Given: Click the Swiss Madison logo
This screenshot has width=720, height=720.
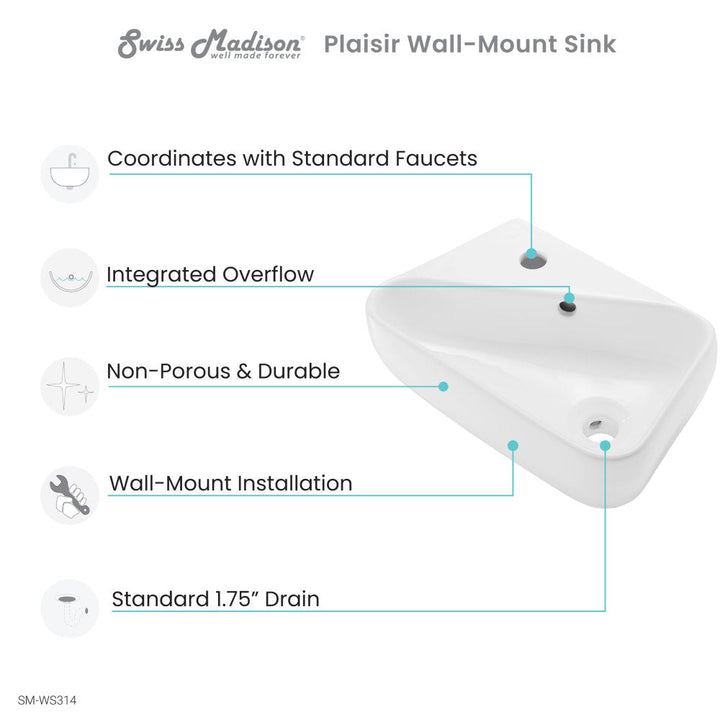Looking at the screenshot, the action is tap(210, 44).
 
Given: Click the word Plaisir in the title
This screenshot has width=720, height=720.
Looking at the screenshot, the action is tap(362, 45).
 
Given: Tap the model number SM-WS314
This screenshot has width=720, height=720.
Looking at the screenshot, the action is tap(47, 700).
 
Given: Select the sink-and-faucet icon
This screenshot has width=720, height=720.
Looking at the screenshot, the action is tap(70, 174).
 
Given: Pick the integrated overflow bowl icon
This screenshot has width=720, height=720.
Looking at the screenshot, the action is tap(70, 278).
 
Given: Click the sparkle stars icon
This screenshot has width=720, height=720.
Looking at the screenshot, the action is tap(70, 387).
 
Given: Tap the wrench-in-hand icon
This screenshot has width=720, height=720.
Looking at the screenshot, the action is tap(70, 495).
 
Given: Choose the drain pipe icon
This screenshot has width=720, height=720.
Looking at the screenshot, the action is tap(70, 608).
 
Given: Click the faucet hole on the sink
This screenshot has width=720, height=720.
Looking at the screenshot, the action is tap(533, 261).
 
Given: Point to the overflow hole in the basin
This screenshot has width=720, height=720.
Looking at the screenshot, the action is tap(568, 306).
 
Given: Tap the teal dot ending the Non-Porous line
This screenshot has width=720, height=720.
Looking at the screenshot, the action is tap(443, 387).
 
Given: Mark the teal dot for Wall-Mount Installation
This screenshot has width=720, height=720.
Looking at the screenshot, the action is tap(513, 445).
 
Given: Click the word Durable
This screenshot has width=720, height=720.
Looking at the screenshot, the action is tap(299, 371).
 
